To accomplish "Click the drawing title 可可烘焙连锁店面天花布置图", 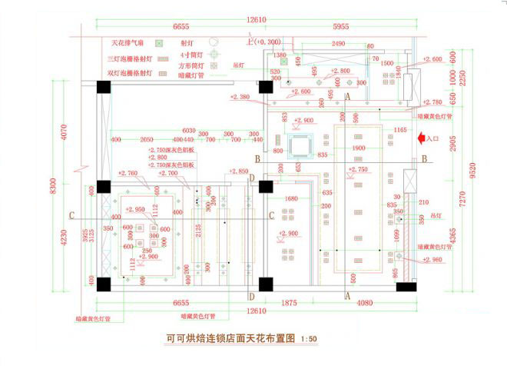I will pos(231,337).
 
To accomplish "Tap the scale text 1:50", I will pos(309,338).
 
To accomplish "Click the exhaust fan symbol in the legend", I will pos(160,44).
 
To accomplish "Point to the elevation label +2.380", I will pos(240,97).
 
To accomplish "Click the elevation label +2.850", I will pos(239,171).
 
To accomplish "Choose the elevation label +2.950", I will pos(135,209).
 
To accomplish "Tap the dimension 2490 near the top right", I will pos(339,44).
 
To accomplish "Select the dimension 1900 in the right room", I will pos(358,148).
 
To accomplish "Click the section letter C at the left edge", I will pos(71,215).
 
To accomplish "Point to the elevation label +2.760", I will pos(128,174).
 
